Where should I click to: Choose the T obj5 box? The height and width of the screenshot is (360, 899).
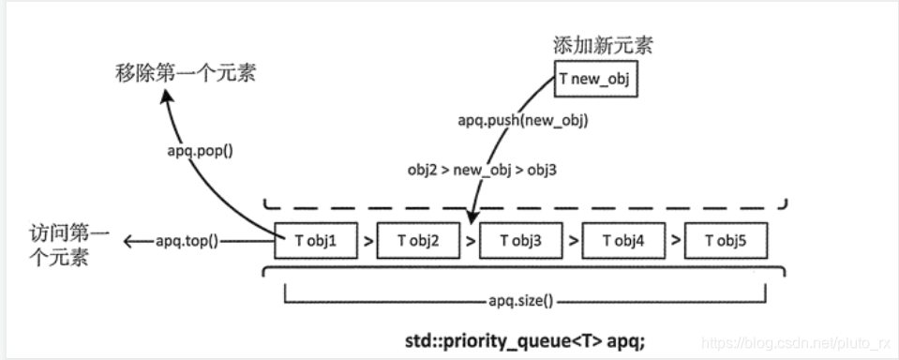(x=726, y=242)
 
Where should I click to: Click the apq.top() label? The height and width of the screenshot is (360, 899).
(x=186, y=242)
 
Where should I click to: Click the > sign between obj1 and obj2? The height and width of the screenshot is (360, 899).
(x=367, y=242)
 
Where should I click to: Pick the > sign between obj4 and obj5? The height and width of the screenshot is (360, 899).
(x=674, y=242)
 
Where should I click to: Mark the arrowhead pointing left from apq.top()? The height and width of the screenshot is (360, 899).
(x=130, y=242)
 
